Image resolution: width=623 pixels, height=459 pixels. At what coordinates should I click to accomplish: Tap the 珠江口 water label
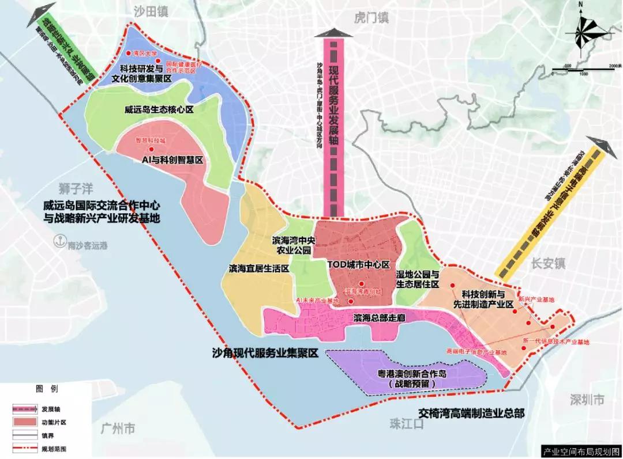[x=406, y=424]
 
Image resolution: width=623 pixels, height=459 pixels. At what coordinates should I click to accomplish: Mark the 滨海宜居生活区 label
[x=258, y=268]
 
